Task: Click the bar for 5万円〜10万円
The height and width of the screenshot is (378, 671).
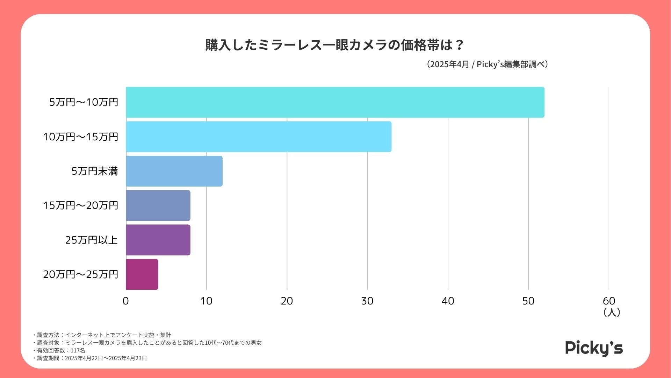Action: pos(335,102)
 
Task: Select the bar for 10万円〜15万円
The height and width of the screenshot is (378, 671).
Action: pos(259,136)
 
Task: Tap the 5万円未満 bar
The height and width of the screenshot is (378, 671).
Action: pos(174,171)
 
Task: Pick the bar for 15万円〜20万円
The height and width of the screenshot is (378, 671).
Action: pos(158,205)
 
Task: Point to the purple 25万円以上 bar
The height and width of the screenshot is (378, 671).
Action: pos(158,240)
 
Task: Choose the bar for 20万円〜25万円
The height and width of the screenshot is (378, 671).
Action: pos(142,274)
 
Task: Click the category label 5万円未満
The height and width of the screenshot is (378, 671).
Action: pos(95,171)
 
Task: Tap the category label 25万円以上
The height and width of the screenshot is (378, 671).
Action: pos(92,240)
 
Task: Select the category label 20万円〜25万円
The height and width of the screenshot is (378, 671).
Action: pos(81,274)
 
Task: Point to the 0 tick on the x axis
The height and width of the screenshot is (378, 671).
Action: pos(126,301)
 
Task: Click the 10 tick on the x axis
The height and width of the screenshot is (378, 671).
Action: pos(206,301)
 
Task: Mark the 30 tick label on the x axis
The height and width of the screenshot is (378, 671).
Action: pos(367,301)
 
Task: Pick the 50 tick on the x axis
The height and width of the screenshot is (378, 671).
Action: pos(528,301)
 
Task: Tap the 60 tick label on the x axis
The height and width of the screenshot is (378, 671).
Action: pos(609,301)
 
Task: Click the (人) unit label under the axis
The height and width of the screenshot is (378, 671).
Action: pos(612,312)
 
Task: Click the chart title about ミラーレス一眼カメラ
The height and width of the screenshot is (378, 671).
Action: pos(335,45)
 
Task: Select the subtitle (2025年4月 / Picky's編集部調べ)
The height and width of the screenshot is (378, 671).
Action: pos(487,64)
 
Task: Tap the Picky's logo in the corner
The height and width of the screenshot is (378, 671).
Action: pos(594,348)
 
